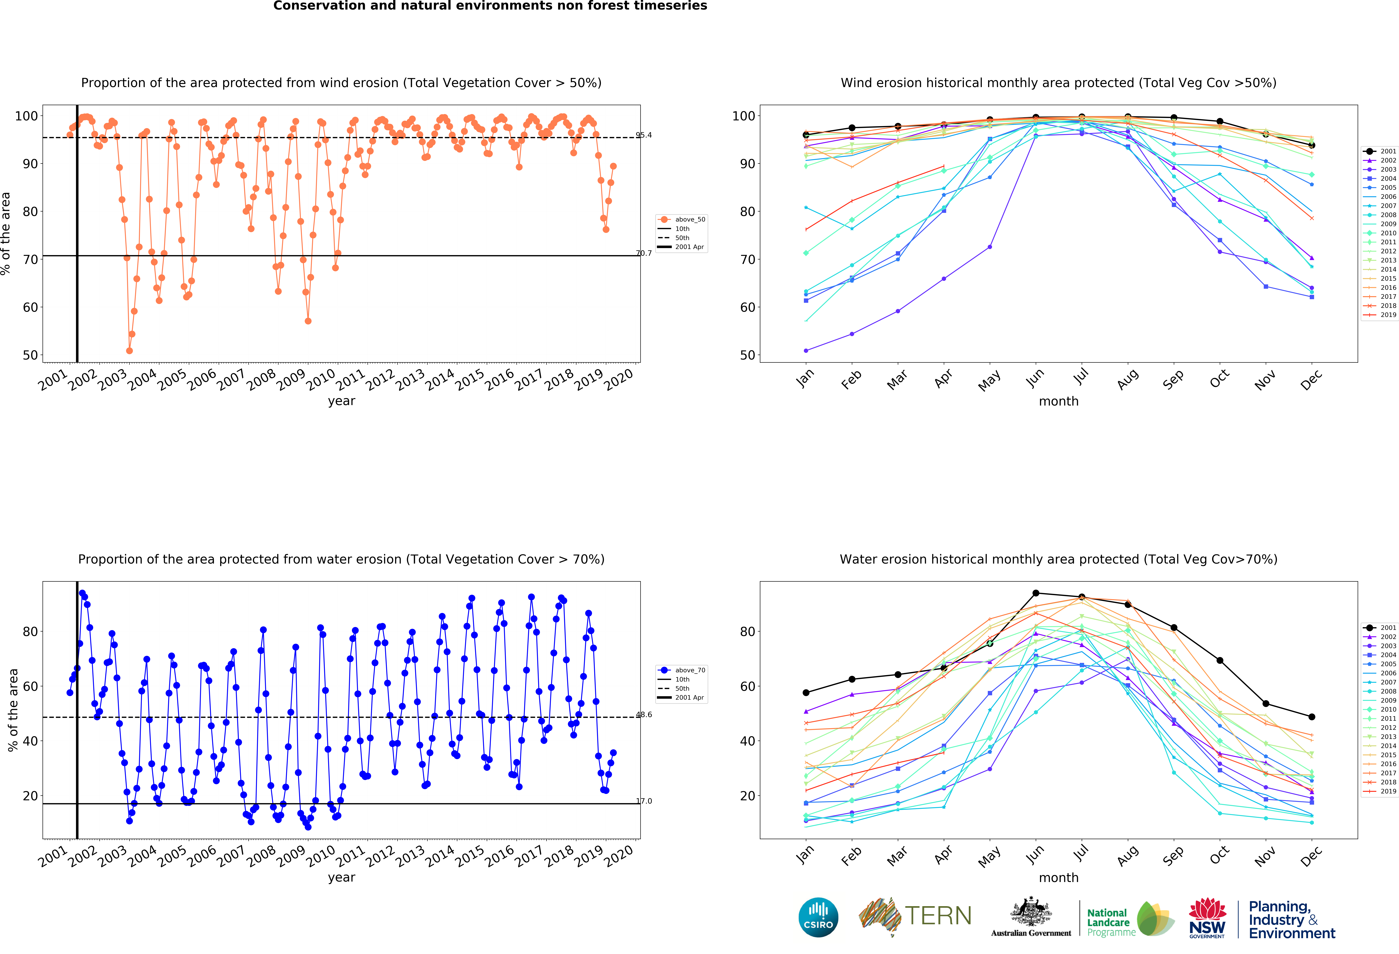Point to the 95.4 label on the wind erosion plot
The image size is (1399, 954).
click(x=643, y=135)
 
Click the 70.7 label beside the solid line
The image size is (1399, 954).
click(x=643, y=253)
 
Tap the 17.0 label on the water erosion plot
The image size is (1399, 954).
click(x=643, y=801)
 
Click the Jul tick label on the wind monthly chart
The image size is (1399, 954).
click(x=1082, y=376)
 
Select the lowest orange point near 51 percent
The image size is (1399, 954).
click(x=129, y=351)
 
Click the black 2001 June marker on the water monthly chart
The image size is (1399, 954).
click(x=1035, y=593)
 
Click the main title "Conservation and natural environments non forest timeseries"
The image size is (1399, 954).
click(x=490, y=6)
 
